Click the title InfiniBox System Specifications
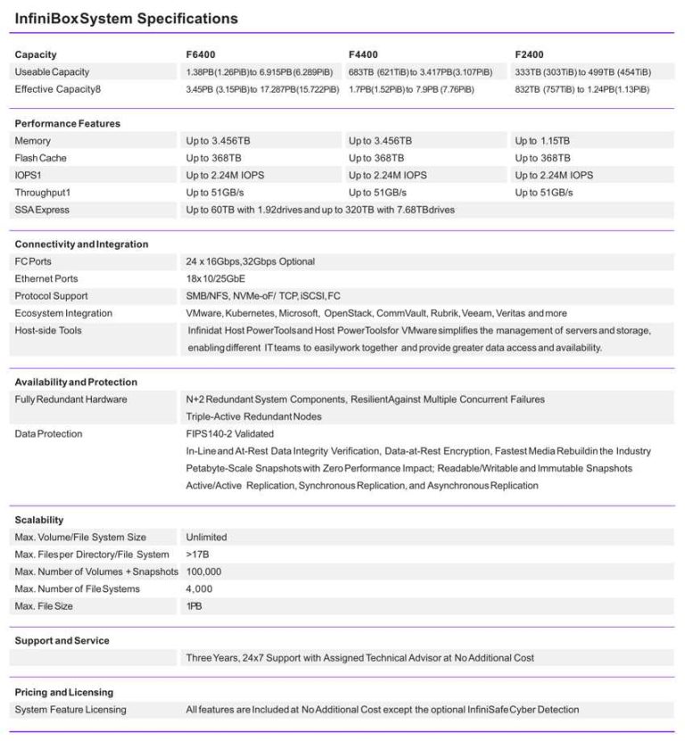coord(127,18)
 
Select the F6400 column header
coord(202,54)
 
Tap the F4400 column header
coord(363,54)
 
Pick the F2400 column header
coord(529,54)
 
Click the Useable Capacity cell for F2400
coord(582,72)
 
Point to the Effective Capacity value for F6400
coord(262,89)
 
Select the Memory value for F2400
coord(542,141)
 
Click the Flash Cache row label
coord(41,158)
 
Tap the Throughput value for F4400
coord(377,193)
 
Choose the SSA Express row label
coord(42,210)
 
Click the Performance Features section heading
coord(68,123)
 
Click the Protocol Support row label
coord(51,296)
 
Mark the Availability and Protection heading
coord(76,382)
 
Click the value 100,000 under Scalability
coord(203,572)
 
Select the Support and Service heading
coord(62,640)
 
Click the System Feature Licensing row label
coord(70,710)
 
